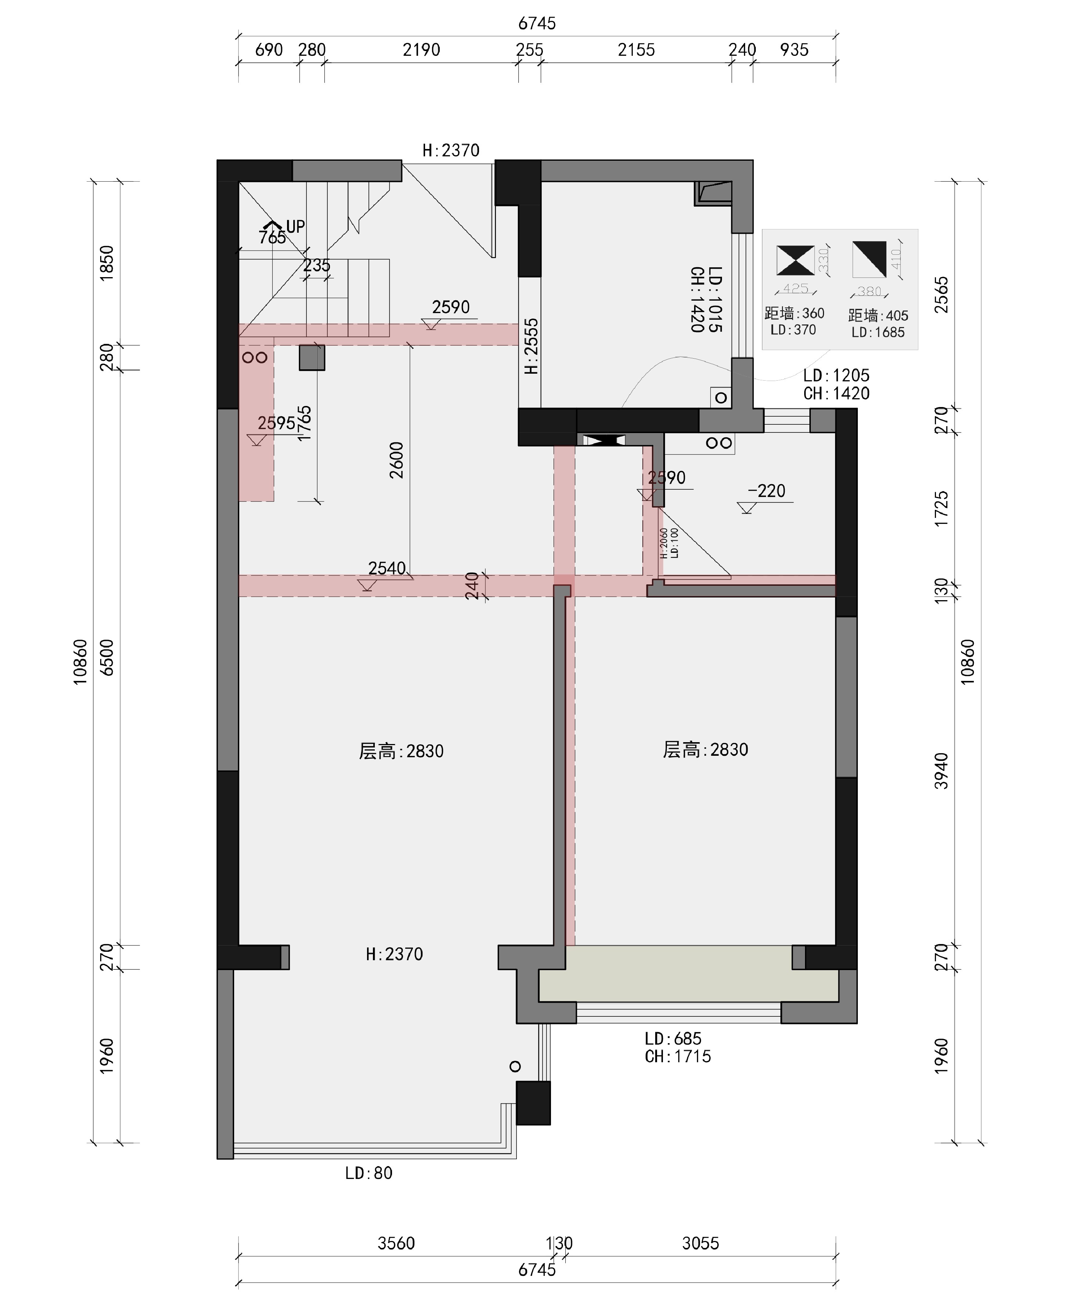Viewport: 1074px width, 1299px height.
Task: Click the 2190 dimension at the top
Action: pos(421,50)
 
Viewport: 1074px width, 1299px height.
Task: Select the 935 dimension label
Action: pos(794,50)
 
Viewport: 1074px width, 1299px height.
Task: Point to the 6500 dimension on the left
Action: pos(107,657)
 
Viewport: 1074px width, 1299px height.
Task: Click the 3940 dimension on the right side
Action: pos(941,771)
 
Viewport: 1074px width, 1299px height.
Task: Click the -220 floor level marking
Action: pos(766,491)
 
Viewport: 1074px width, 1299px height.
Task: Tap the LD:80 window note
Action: pos(369,1173)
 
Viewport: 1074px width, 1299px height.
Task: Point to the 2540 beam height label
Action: pos(387,568)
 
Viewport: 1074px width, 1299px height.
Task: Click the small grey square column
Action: pos(312,358)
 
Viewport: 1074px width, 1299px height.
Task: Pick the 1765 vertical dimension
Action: pos(304,423)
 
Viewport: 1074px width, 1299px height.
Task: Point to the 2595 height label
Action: pos(276,423)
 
